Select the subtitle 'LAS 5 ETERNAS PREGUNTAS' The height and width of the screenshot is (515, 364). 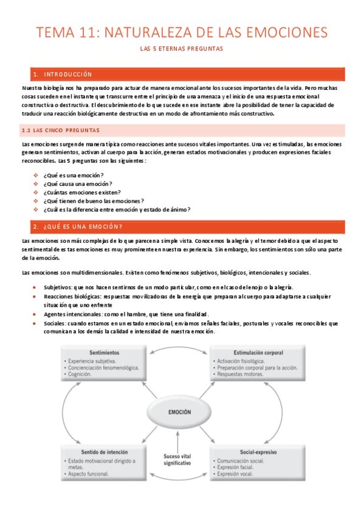(182, 48)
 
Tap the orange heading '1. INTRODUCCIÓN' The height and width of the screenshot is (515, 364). (63, 74)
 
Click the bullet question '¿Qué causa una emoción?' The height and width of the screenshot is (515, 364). (78, 183)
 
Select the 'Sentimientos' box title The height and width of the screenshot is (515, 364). (104, 353)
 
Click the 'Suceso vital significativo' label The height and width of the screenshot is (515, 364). (177, 459)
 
